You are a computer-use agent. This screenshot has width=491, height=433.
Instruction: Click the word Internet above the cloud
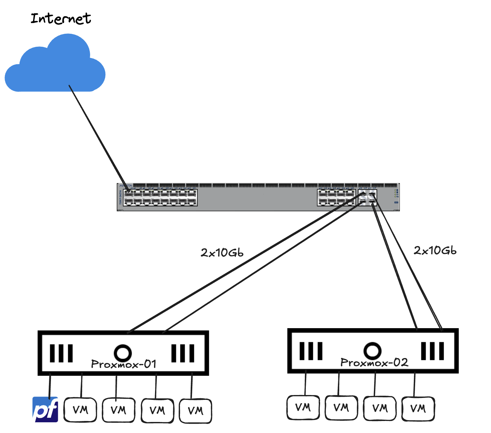61,19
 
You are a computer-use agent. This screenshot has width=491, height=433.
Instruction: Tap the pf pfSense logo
45,410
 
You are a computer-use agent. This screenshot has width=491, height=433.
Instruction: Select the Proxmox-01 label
124,364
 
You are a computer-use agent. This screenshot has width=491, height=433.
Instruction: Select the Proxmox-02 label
374,363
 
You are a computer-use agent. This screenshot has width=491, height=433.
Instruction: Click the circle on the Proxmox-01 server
123,353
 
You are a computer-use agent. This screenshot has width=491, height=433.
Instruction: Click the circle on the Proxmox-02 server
372,351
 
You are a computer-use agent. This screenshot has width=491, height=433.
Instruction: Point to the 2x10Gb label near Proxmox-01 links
222,253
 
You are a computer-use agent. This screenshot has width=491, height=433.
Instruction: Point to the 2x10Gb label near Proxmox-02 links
435,250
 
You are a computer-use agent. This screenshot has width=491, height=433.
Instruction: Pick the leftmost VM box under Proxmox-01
80,410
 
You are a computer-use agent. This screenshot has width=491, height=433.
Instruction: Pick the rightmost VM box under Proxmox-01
196,411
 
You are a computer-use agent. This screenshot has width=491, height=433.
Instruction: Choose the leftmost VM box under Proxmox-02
303,407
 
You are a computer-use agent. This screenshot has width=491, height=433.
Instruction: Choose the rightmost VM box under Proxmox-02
418,408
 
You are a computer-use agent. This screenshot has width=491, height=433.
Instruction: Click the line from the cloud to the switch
97,136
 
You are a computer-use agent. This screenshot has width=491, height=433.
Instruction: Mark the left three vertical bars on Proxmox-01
61,353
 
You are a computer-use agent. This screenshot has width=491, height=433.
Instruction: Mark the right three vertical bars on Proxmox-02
432,351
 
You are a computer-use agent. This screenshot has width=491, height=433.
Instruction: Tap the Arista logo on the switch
126,186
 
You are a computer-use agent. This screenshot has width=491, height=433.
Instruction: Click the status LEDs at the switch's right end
396,193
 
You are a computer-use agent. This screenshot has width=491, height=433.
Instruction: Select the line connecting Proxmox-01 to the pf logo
50,386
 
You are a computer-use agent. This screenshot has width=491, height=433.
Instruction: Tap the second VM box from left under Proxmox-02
341,408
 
